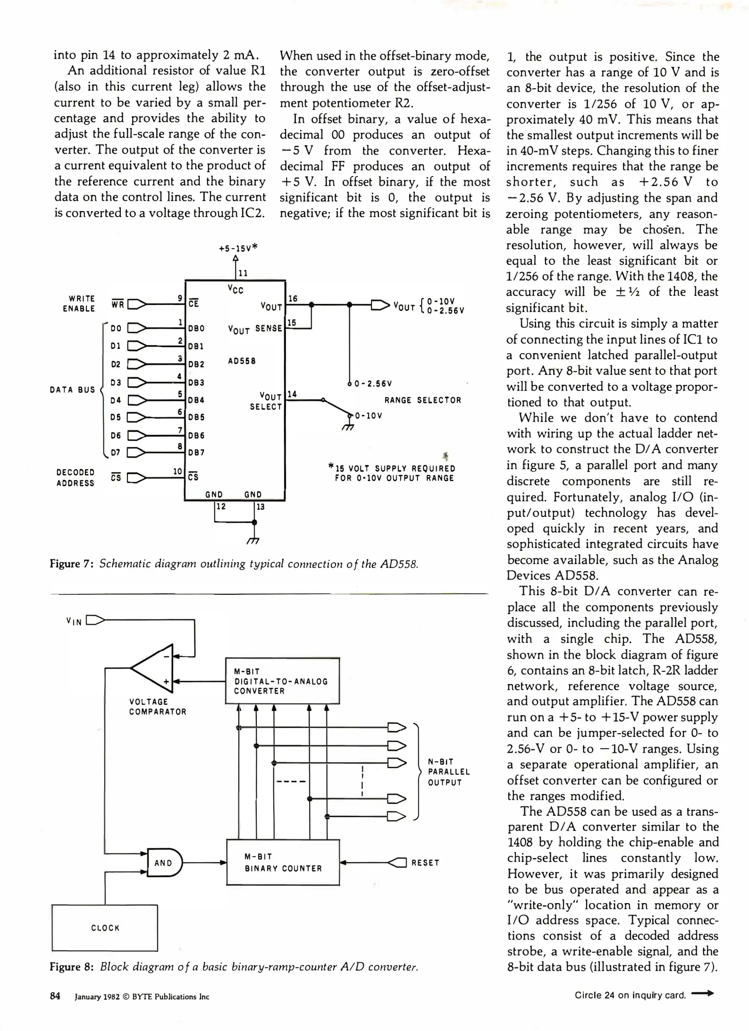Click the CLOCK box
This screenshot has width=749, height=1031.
coord(105,928)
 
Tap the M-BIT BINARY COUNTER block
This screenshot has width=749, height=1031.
coord(283,863)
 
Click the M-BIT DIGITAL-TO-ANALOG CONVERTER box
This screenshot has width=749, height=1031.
coord(282,681)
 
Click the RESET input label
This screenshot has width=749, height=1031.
coord(425,863)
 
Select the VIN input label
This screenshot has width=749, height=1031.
coord(74,621)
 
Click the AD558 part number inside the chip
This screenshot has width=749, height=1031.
coord(242,361)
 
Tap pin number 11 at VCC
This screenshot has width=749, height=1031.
coord(243,273)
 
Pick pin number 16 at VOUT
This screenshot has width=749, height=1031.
coord(293,298)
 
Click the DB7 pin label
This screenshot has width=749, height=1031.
coord(196,452)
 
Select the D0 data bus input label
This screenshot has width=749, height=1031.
coord(116,328)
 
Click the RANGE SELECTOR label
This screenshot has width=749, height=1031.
coord(422,400)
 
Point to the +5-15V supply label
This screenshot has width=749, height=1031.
coord(238,248)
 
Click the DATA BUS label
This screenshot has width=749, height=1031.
coord(73,389)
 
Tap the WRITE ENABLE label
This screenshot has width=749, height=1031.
coord(79,304)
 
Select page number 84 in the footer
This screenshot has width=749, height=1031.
coord(55,996)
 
